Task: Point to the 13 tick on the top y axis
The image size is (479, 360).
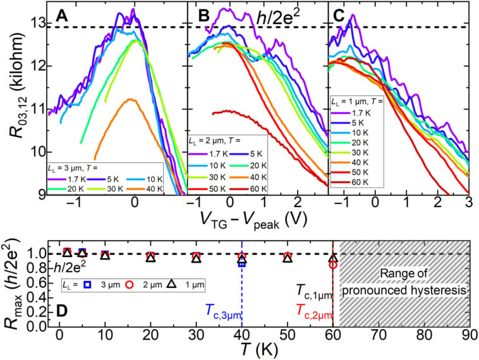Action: point(37,23)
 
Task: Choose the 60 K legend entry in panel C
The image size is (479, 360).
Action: point(356,183)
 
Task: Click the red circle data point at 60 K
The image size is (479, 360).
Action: point(333,265)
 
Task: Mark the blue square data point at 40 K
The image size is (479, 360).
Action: point(242,263)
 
